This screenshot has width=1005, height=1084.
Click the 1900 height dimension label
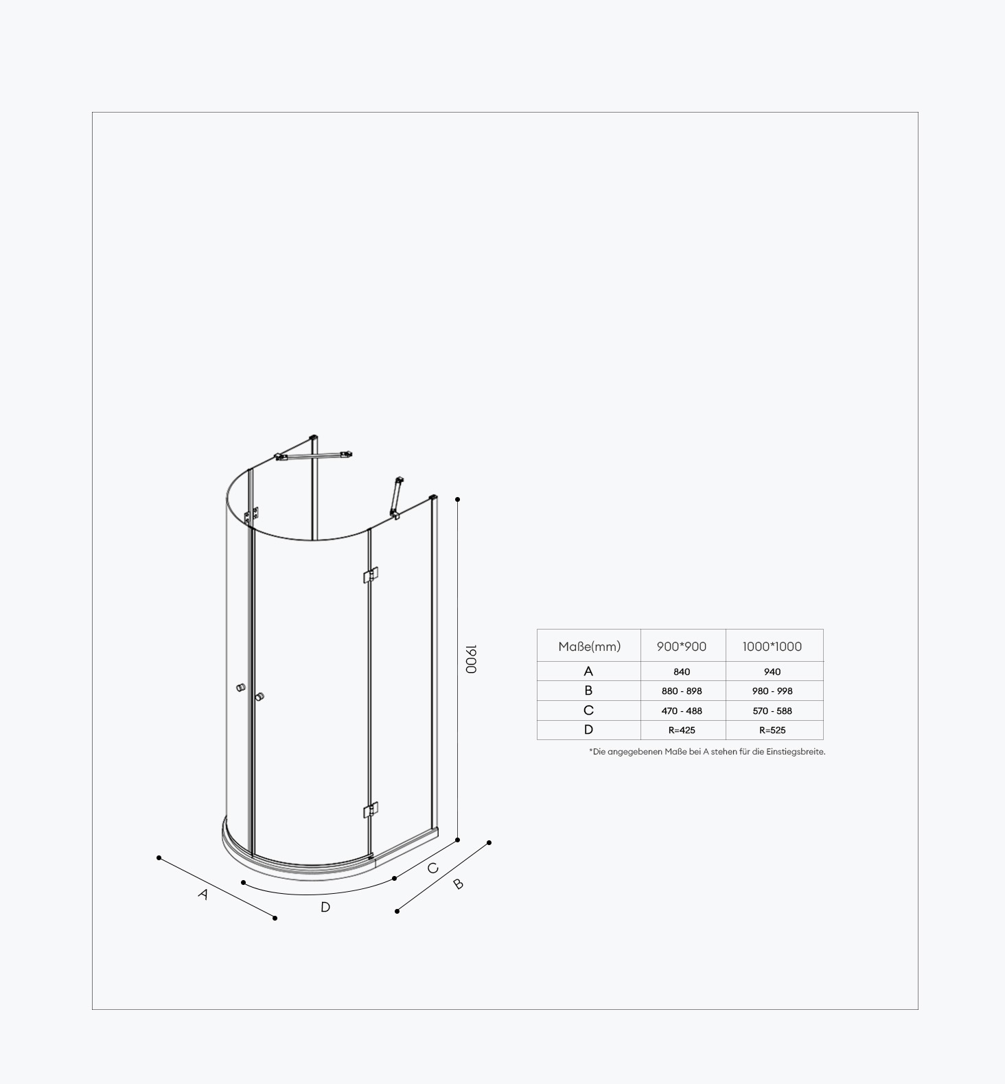pos(472,659)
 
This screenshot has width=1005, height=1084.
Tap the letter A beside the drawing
pos(203,895)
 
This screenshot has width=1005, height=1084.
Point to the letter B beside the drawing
pos(459,884)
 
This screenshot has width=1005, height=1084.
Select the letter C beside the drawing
pos(432,868)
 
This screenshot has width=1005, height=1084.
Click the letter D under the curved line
pos(325,907)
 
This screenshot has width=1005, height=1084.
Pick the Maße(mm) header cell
pos(589,646)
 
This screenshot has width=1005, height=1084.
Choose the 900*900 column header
pos(682,646)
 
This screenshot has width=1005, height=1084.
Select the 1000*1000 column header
pos(772,646)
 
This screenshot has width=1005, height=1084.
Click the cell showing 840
pos(682,672)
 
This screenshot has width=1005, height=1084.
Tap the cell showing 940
pos(772,672)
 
